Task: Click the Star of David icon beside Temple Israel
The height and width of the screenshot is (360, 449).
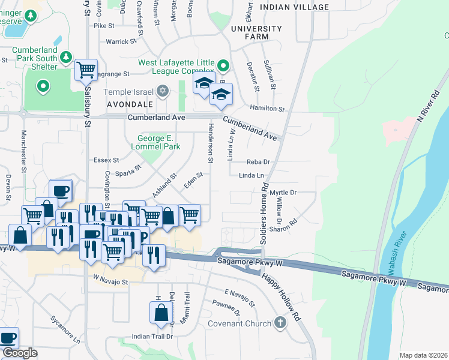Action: click(162, 92)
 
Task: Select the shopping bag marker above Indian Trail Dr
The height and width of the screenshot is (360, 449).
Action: click(161, 313)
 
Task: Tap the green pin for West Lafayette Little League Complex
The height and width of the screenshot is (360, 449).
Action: click(223, 65)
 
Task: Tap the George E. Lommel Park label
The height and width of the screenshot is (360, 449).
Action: click(155, 142)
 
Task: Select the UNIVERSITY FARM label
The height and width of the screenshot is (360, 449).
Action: click(256, 32)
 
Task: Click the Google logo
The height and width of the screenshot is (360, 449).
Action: click(20, 353)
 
